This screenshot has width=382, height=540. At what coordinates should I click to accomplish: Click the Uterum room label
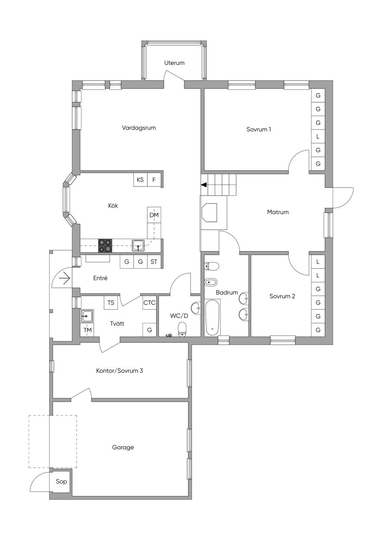point(174,63)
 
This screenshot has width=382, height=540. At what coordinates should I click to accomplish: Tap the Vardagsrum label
point(139,128)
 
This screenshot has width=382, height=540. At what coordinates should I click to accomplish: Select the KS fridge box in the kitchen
point(140,180)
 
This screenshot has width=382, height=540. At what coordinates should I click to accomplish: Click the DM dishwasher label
point(154,215)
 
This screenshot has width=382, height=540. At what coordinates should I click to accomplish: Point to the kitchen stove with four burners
point(105,246)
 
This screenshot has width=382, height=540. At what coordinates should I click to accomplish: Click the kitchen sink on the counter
point(138,245)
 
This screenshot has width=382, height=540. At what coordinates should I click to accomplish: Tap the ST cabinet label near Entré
point(154,262)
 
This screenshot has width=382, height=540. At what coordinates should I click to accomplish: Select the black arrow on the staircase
point(204,185)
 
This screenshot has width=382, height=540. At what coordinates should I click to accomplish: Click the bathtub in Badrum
point(213,317)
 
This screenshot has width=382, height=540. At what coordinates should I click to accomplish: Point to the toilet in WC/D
point(182,329)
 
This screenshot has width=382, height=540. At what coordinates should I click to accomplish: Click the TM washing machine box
point(87,330)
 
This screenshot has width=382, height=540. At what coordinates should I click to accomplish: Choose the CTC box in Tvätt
point(150,302)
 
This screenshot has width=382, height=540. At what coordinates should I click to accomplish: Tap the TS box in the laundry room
point(111,302)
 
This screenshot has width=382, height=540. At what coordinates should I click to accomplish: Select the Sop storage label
point(61,481)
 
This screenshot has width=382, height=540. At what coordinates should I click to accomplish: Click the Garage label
point(123,448)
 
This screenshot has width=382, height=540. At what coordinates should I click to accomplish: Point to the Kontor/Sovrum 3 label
point(119,371)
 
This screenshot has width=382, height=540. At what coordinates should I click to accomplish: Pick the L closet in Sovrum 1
point(318,137)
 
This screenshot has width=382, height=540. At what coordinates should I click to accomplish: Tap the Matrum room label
point(278,212)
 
